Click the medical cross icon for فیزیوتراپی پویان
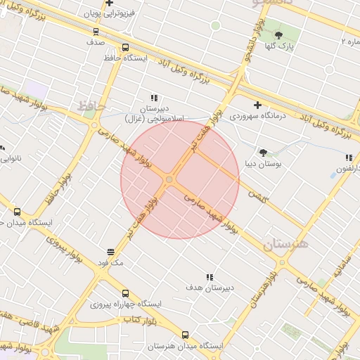(x=110, y=4)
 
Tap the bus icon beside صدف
(x=96, y=32)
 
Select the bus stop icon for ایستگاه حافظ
(x=125, y=48)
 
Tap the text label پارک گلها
(x=281, y=46)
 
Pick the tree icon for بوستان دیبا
(x=263, y=153)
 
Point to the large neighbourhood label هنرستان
(x=286, y=245)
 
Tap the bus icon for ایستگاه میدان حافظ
(x=17, y=211)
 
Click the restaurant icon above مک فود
(x=110, y=252)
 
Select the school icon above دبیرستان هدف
(x=209, y=278)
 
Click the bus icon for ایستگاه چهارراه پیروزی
(x=125, y=293)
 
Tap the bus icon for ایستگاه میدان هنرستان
(x=185, y=335)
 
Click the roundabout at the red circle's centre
(x=169, y=181)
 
